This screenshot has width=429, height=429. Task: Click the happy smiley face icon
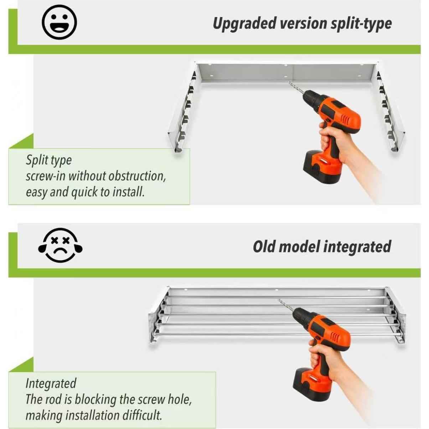59,22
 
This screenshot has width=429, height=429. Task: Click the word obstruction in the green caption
137,176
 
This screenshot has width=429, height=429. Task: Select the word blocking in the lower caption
95,400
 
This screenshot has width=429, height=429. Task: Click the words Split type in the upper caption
49,160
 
